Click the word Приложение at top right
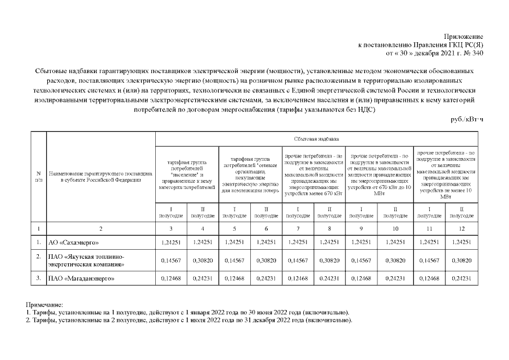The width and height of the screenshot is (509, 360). point(465,36)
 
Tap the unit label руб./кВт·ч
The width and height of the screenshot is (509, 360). point(467,119)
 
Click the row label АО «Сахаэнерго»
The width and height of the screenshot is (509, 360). point(74,242)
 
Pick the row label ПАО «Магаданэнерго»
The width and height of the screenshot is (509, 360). point(80,278)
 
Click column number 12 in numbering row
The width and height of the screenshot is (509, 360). point(462,228)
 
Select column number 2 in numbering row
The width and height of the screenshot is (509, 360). point(101,228)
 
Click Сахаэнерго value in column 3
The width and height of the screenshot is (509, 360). point(170,242)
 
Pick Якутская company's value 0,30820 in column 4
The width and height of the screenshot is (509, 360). point(202,260)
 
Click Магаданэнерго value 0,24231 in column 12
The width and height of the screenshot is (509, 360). point(462,278)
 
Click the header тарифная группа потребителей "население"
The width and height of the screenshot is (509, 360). point(186,174)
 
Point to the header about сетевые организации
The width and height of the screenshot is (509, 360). point(250,174)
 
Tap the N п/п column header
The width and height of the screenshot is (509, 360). point(38,177)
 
